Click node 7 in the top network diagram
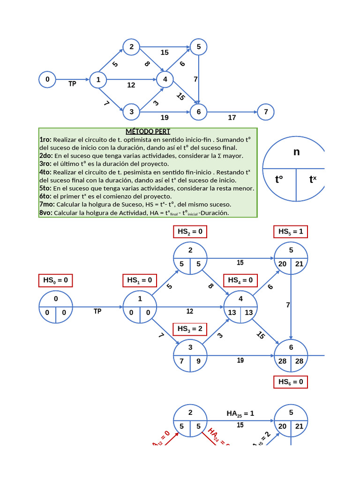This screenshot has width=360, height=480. tap(266, 112)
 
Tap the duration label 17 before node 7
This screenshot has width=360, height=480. tap(232, 118)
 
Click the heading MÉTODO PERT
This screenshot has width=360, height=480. tap(148, 132)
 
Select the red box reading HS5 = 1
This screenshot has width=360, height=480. tap(291, 232)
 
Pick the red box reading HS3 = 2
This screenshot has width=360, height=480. tap(190, 329)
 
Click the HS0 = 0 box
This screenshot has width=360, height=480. tap(56, 280)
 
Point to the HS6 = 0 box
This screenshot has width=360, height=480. tap(291, 382)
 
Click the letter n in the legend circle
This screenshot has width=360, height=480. tap(296, 152)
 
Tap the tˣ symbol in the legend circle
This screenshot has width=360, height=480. tap(313, 180)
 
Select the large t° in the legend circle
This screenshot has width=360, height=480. tap(279, 180)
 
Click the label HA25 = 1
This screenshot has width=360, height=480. tap(240, 413)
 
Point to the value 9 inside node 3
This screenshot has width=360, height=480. tap(199, 361)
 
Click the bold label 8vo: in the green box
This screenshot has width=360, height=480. tap(46, 213)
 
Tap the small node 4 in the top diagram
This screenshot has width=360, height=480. tap(165, 80)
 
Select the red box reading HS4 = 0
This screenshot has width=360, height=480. tap(240, 280)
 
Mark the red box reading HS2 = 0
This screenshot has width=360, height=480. tap(190, 232)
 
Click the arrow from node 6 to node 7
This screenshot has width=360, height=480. tap(232, 112)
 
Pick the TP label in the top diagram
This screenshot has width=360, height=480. tap(72, 84)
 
